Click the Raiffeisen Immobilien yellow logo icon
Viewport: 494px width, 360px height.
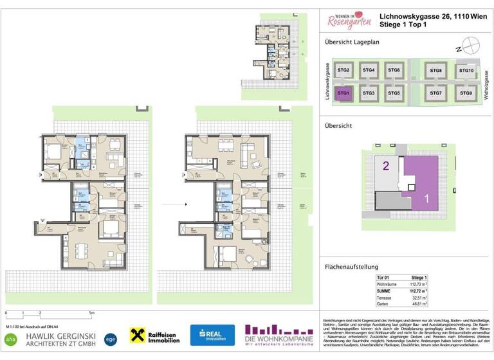click(136, 334)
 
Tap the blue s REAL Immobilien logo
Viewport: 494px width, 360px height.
click(212, 334)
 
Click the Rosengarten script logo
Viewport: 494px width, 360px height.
click(349, 21)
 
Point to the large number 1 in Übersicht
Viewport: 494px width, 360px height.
click(426, 199)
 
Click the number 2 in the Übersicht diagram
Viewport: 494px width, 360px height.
click(386, 166)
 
